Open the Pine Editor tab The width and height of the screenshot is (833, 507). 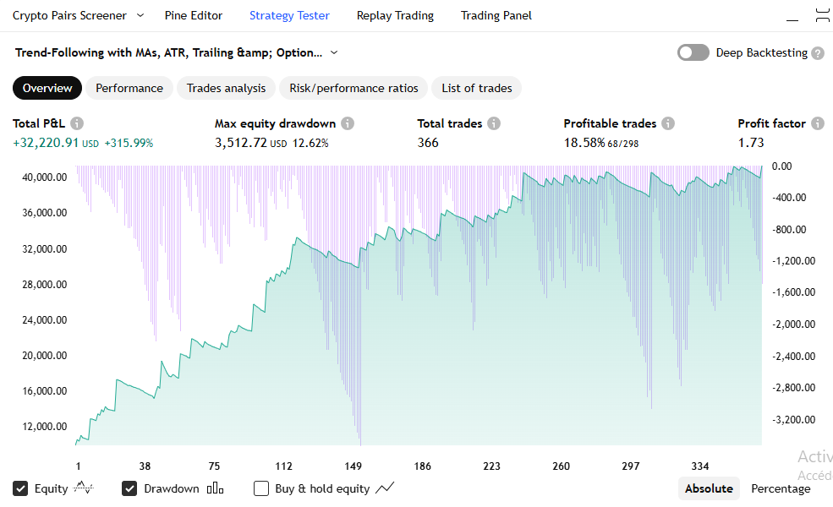(194, 15)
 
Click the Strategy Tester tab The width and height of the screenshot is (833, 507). (289, 15)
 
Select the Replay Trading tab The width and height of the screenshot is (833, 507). (395, 15)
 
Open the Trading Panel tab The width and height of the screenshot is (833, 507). (496, 15)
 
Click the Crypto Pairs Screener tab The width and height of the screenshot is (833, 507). (69, 15)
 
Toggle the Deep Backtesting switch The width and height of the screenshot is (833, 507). (693, 52)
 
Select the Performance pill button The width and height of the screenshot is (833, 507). (129, 88)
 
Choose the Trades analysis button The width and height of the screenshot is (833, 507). (226, 88)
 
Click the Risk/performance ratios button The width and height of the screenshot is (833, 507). (353, 88)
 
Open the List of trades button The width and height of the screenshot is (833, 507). (477, 88)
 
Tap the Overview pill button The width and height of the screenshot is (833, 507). (47, 88)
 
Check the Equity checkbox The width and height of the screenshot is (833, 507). (20, 488)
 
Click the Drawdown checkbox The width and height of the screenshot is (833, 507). (129, 488)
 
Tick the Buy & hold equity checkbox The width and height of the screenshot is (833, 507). (261, 488)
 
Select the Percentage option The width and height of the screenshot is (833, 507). (781, 488)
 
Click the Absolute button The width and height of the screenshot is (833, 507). (709, 488)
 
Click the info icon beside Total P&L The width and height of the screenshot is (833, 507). (77, 123)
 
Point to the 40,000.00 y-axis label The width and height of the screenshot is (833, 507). (44, 177)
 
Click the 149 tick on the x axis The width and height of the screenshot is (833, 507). (353, 466)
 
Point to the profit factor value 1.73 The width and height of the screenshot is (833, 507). (751, 143)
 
